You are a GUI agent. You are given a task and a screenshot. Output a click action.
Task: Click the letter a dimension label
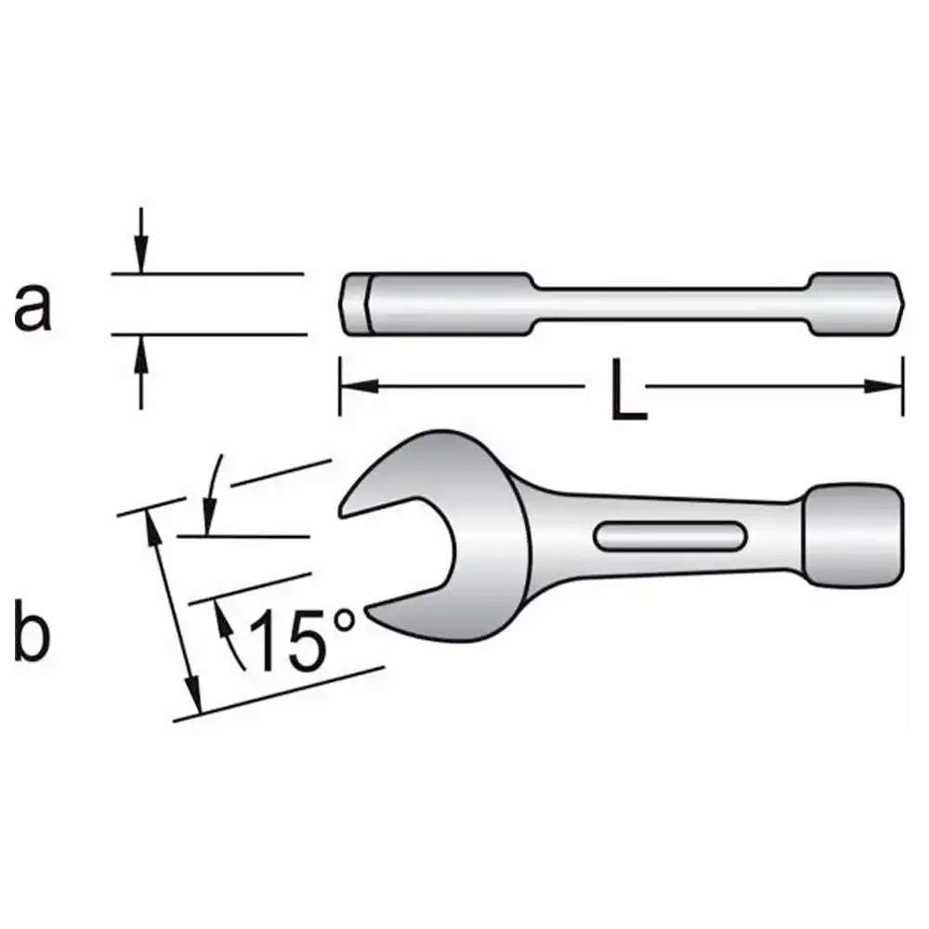point(33,306)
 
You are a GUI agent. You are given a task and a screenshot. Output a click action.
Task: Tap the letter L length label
point(629,390)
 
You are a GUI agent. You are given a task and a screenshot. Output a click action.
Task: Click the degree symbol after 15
point(345,621)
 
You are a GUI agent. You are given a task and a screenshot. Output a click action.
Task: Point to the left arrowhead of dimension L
point(359,386)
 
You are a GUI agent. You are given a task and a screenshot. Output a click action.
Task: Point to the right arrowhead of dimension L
point(883,386)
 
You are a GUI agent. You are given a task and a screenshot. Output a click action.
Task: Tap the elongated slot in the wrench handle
point(670,536)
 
